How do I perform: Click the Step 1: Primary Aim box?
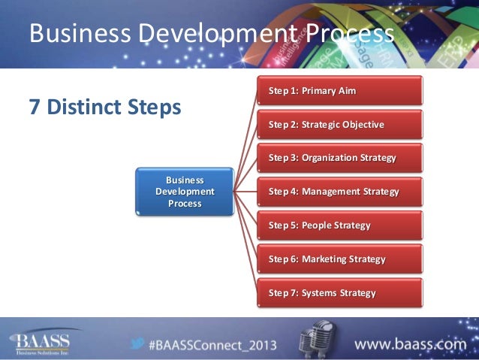coord(339,91)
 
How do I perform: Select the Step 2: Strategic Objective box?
coord(339,125)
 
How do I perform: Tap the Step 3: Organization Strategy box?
coord(339,159)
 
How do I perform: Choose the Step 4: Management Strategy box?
coord(339,192)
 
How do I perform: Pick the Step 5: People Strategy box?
coord(339,225)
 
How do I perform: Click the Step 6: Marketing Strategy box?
coord(339,259)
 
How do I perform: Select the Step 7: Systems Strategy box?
coord(339,293)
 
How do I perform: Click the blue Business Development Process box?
coord(185,192)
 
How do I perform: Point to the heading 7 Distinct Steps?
coord(104,107)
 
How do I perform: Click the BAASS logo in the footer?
coord(41,342)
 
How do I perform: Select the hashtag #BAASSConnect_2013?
coord(212,346)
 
